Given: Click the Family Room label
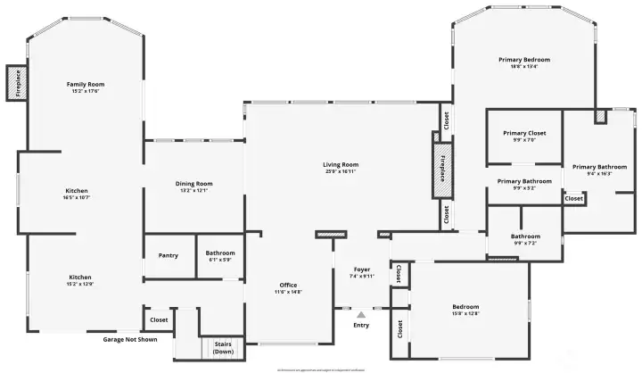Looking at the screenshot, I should tap(86, 84).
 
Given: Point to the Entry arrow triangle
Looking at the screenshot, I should tap(361, 314).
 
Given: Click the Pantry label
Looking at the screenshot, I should tap(169, 255).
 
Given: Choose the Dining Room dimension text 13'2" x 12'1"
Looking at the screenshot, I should tap(193, 190).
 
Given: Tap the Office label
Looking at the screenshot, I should tap(288, 285).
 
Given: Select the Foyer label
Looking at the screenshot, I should tap(361, 269).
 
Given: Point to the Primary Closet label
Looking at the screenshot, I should tap(524, 133).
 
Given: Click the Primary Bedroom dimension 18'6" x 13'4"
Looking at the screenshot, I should tap(524, 66).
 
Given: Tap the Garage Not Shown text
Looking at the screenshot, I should tap(129, 339).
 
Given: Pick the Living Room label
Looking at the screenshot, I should tap(341, 164).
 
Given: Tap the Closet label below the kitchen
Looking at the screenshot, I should tap(159, 319).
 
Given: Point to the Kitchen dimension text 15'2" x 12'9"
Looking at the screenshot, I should tap(80, 284).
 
